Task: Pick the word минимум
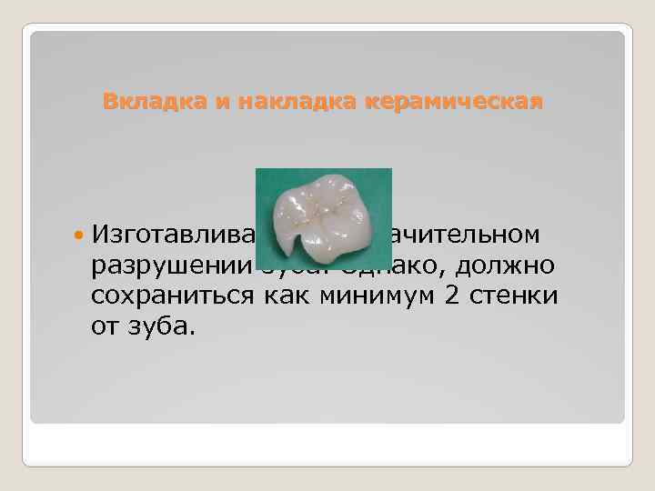pos(365,296)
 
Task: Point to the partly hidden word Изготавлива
pos(173,235)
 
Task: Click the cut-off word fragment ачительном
pos(465,235)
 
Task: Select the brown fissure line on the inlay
pos(323,216)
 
